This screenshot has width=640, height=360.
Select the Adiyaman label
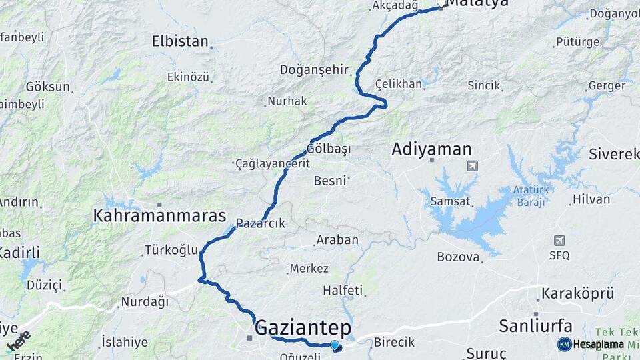coord(432,149)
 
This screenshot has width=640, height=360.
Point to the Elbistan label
coord(180,41)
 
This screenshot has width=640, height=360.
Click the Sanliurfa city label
coord(536,326)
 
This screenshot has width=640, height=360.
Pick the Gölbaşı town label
coord(329,149)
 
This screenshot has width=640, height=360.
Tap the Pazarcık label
coord(261,224)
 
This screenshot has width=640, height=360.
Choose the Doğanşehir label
coord(315,69)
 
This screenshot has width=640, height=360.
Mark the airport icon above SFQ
coord(559,240)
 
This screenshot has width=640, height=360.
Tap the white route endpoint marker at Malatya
coord(441,3)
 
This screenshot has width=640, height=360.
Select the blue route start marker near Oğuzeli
coord(335,345)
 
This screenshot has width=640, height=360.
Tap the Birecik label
coord(395,341)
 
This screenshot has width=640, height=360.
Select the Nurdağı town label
coord(143,302)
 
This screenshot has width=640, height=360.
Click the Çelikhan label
coord(399,84)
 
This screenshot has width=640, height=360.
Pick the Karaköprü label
coord(577,293)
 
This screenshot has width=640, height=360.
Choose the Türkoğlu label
coord(171,251)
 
